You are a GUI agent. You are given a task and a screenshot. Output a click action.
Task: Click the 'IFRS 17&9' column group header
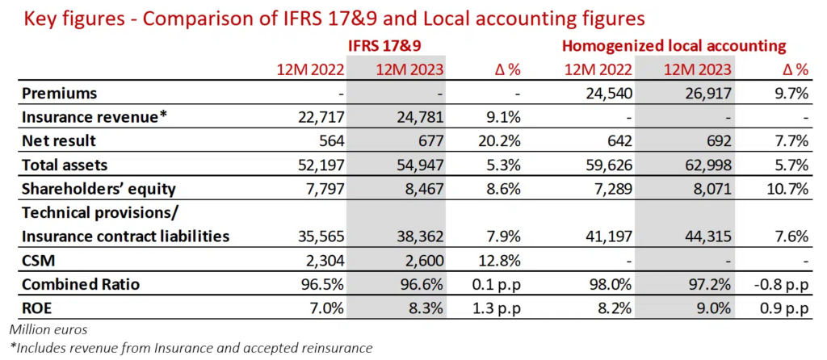(383, 45)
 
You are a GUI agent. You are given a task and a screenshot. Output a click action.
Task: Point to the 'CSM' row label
(37, 261)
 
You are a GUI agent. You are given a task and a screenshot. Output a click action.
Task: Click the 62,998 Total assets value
(705, 165)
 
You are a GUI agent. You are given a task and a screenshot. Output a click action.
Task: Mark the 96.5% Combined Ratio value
(325, 285)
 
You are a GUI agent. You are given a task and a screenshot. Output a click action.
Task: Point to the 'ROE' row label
(37, 308)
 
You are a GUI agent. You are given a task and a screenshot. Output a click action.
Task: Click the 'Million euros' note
(48, 329)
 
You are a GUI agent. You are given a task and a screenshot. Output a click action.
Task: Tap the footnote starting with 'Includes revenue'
(191, 348)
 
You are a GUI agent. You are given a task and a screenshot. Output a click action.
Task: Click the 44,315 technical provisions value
(705, 237)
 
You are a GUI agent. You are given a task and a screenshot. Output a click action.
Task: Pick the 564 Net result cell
(333, 140)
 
